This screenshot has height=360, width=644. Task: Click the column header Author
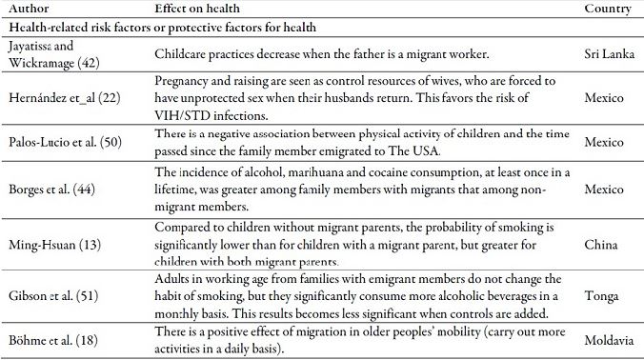[x=30, y=9]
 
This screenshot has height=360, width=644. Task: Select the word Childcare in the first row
[x=182, y=55]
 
